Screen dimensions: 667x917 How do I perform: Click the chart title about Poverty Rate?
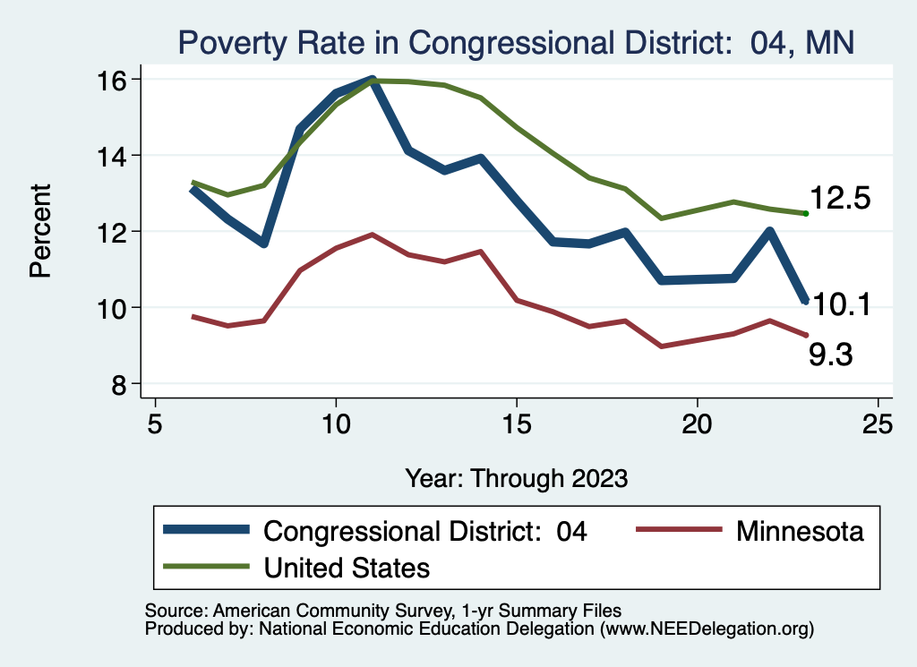tap(517, 41)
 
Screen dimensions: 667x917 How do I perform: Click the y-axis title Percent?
tap(41, 230)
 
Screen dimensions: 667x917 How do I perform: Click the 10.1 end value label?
tap(842, 305)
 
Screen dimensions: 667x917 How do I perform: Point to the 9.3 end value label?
tap(830, 355)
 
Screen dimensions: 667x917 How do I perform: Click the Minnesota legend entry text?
tap(800, 531)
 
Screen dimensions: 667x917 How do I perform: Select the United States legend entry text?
tap(347, 567)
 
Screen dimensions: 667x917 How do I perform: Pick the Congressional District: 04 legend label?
tap(425, 531)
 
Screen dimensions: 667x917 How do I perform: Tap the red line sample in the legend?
tap(678, 530)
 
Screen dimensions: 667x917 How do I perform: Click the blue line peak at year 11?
tap(372, 80)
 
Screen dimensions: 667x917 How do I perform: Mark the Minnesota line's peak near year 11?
tap(372, 235)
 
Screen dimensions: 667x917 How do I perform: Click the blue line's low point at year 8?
tap(264, 244)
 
